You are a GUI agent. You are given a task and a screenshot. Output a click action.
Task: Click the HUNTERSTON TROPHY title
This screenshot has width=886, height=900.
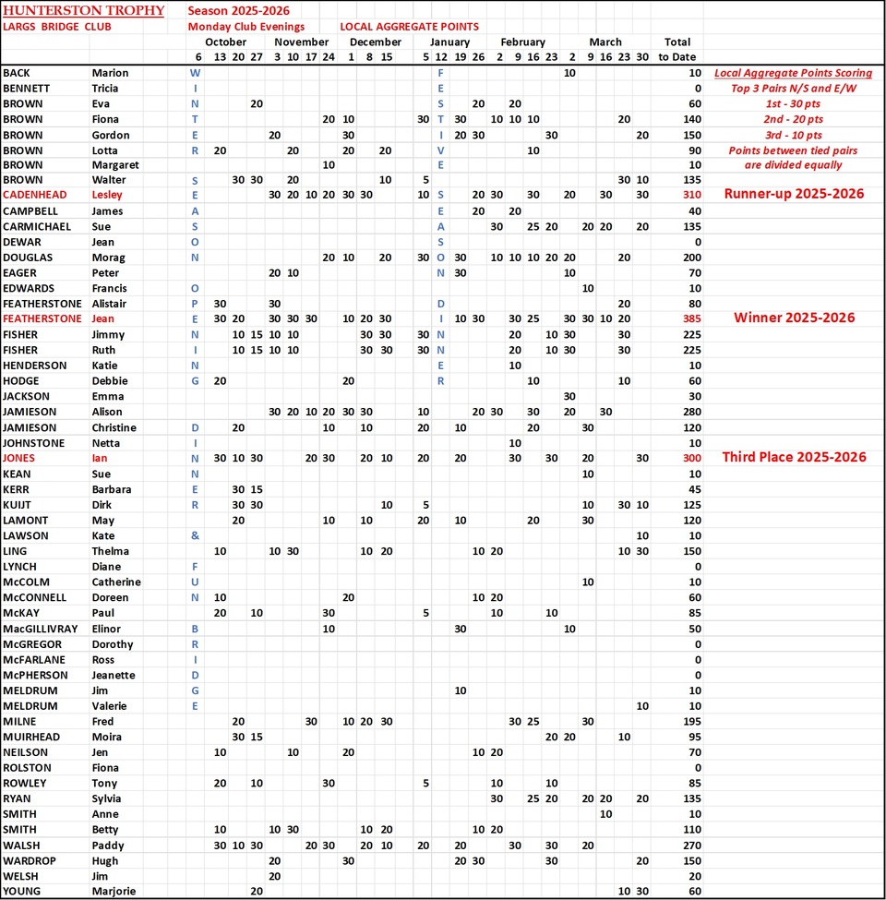[83, 11]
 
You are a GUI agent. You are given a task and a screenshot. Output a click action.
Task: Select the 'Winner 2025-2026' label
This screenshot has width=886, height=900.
[794, 318]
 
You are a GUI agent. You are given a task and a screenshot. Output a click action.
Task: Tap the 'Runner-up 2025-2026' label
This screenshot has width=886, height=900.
[794, 194]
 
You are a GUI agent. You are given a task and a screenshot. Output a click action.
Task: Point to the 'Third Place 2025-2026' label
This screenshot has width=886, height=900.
[794, 458]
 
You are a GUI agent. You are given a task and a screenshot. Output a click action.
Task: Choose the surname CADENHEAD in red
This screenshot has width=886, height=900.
[38, 195]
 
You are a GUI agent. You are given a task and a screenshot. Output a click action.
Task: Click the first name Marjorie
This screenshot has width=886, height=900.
[114, 891]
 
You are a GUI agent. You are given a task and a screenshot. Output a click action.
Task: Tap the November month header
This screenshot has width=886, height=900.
[301, 42]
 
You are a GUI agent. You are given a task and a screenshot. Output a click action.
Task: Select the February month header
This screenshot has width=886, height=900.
[522, 42]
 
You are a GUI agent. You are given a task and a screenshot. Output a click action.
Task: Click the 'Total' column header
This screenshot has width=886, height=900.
[677, 42]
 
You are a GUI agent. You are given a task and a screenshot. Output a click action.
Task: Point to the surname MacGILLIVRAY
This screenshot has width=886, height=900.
[42, 629]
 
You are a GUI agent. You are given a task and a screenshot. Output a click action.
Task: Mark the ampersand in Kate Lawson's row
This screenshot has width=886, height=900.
[195, 535]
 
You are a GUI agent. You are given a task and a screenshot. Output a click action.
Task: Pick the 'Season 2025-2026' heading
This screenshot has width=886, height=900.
[238, 11]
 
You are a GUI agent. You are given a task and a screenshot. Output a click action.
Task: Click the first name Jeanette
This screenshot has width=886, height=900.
[114, 675]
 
